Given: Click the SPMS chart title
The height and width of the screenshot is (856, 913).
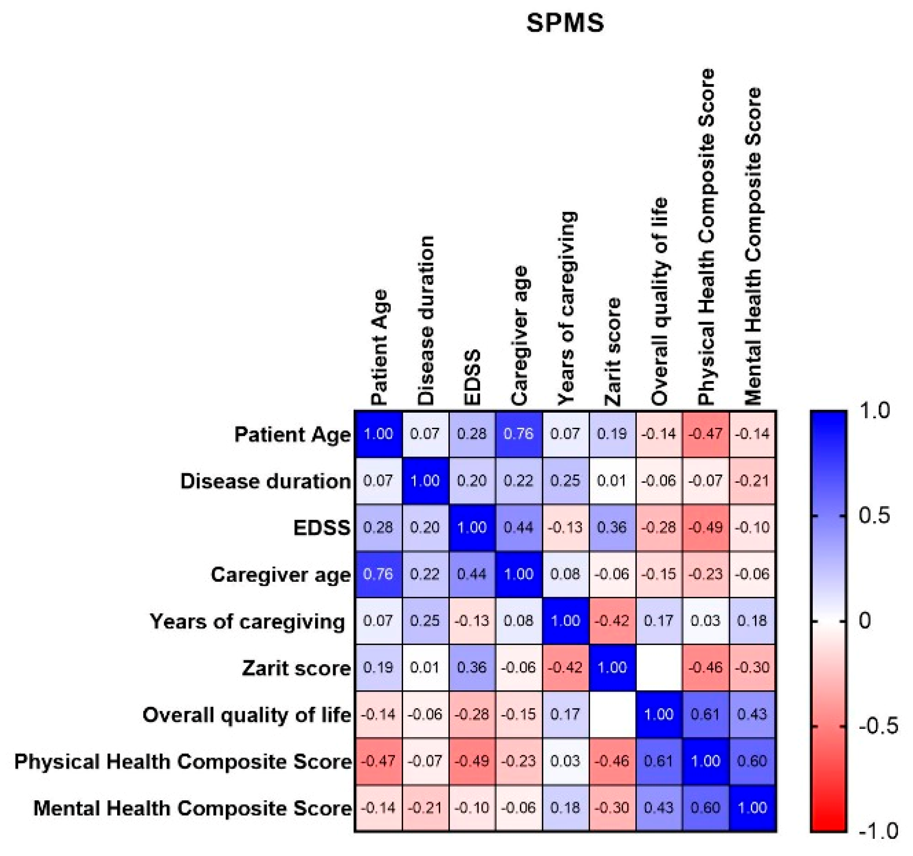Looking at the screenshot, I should (564, 23).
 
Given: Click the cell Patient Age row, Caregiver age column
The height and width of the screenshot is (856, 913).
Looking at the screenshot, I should (518, 434).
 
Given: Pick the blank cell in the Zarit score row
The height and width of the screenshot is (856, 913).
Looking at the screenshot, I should (659, 667).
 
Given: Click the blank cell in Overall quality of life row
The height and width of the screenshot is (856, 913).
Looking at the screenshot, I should (612, 714).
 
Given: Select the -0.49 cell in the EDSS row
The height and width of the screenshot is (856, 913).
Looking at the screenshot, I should (705, 527).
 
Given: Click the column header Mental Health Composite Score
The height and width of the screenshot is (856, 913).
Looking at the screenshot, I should (752, 246).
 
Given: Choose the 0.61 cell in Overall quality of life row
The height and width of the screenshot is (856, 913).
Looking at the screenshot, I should (705, 714).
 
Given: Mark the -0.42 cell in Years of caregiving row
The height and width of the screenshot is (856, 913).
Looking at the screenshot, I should (612, 621).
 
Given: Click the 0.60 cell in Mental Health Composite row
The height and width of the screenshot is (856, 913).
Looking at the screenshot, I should (705, 807).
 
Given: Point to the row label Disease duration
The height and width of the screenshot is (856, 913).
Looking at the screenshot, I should (266, 481).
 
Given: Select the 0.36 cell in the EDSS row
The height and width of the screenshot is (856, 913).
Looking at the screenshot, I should (612, 527).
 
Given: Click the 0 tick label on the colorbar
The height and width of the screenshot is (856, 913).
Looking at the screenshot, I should (864, 621).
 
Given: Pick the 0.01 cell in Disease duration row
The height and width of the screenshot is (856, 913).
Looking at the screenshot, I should (612, 481).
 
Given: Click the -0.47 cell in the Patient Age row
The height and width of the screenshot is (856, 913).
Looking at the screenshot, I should (705, 434).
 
